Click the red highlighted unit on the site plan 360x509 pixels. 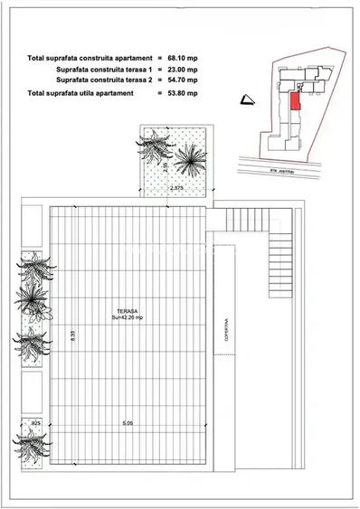(295, 100)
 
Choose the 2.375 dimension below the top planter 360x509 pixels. (177, 188)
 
